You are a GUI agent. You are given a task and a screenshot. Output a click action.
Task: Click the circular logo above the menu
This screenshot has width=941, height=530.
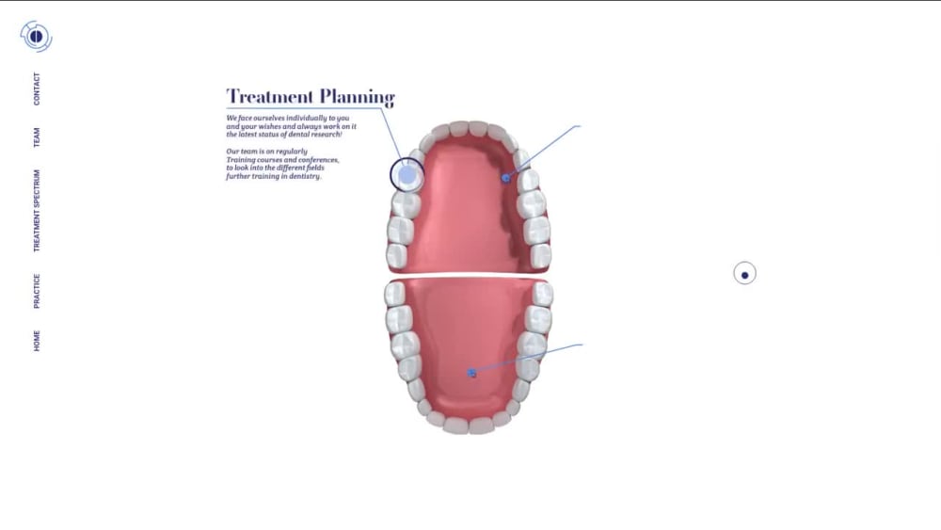pos(36,37)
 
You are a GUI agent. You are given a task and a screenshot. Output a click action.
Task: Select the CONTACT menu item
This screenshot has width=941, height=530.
pos(37,88)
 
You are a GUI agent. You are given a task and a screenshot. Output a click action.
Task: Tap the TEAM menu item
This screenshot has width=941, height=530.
pos(37,137)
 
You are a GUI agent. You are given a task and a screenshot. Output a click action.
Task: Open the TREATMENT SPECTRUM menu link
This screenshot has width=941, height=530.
pos(37,211)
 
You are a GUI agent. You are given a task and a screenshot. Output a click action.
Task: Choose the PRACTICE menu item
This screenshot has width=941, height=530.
pos(37,291)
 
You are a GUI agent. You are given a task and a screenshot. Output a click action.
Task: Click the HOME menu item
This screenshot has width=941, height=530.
pos(37,341)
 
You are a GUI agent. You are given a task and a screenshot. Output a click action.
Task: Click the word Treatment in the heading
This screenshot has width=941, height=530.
pos(270,97)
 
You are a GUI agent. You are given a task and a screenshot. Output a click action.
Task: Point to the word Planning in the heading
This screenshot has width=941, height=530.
pos(357,97)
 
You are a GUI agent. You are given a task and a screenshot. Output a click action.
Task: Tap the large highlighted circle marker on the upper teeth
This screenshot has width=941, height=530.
pos(407,175)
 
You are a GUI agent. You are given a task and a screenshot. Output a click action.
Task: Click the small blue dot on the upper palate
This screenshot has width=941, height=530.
pos(506,178)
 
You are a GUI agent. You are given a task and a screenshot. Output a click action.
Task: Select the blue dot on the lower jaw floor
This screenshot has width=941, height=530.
pos(471,374)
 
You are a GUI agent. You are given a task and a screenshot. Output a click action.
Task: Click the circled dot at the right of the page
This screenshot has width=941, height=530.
pos(744,274)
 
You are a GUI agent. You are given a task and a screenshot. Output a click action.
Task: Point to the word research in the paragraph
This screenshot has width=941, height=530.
pos(326,135)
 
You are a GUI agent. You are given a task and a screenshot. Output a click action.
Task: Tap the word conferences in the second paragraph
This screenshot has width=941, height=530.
pos(315,160)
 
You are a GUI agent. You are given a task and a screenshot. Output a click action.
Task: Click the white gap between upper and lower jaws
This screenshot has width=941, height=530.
pos(468,275)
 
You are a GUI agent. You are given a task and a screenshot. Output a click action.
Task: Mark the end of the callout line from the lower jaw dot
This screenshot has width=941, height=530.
pos(582,345)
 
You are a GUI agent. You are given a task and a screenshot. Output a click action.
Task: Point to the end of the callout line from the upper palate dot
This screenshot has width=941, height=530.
pos(581,126)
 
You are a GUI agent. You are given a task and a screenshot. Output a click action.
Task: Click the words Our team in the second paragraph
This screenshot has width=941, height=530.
pos(241,152)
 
